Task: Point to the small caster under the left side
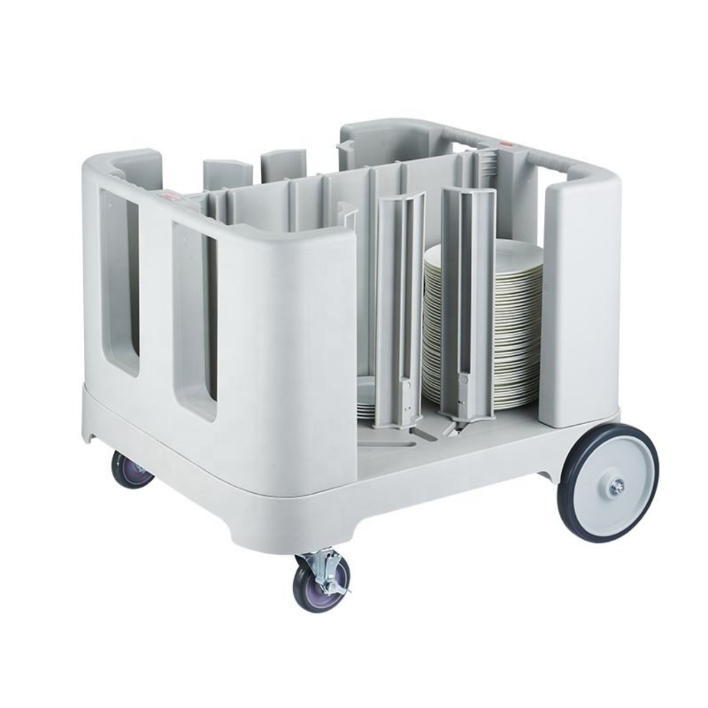click(133, 468)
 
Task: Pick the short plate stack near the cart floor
click(368, 398)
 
